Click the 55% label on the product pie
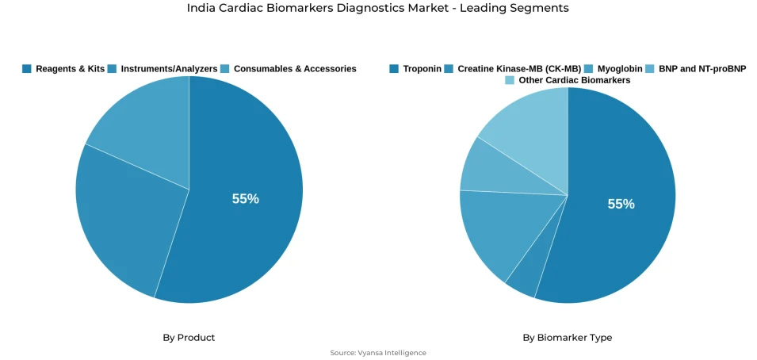[x=245, y=199]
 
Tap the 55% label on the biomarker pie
[x=621, y=204]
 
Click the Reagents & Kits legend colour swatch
[x=27, y=69]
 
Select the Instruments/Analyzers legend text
[x=169, y=69]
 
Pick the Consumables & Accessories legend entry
[x=294, y=69]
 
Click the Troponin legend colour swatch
[x=394, y=69]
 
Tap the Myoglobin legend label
[x=620, y=69]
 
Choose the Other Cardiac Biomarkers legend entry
[x=574, y=80]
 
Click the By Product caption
[x=189, y=338]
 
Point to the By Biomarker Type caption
[x=567, y=338]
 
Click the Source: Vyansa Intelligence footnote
[x=378, y=353]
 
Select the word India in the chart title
[x=201, y=8]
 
